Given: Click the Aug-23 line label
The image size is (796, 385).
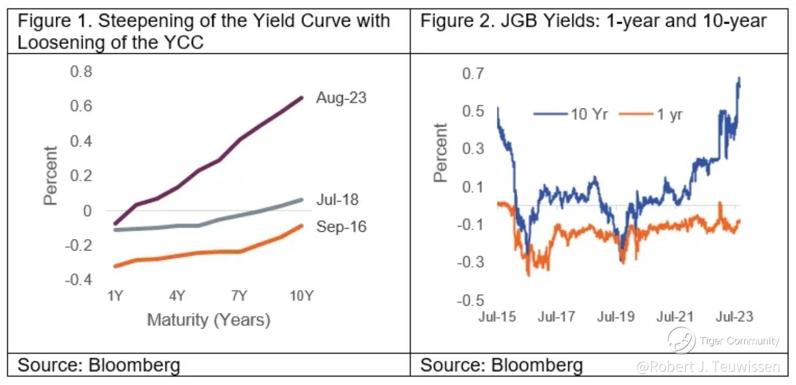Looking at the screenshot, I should [x=341, y=98].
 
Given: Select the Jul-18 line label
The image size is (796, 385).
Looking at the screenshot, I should [x=337, y=200].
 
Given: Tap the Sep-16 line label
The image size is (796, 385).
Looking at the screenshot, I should [x=341, y=227].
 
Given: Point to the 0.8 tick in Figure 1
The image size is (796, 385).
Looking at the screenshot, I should [x=81, y=72].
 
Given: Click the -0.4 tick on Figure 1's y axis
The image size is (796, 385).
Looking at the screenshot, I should [x=79, y=280].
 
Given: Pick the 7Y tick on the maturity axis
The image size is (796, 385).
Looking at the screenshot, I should [x=239, y=296].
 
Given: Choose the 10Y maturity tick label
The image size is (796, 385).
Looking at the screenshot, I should [x=301, y=296].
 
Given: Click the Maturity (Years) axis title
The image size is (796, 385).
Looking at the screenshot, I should [x=209, y=320].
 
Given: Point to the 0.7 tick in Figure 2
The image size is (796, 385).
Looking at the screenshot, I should [x=473, y=74].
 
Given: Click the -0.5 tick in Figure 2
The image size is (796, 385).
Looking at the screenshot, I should [x=470, y=300].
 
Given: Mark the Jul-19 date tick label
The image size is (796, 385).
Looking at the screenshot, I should [x=616, y=316].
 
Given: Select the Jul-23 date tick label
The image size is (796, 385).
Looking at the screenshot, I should [x=734, y=316].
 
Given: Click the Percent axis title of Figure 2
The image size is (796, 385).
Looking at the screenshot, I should [x=440, y=153].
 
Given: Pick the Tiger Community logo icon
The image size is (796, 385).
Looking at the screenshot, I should [x=681, y=340].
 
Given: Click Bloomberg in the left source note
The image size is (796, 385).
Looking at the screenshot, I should [x=134, y=365].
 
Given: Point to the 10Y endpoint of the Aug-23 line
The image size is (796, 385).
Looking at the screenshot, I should [x=302, y=98].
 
